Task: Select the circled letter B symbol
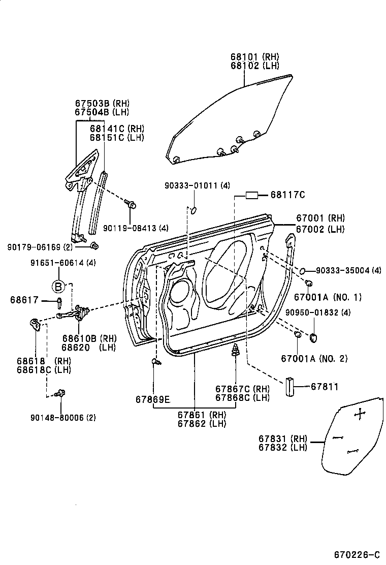[58, 287]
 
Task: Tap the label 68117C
[287, 195]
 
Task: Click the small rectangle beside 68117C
[252, 195]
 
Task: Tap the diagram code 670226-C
[357, 554]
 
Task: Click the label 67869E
[152, 399]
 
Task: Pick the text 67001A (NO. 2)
[314, 359]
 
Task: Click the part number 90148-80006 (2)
[63, 417]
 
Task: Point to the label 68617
[24, 300]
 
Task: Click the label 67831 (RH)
[282, 438]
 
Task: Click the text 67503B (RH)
[102, 103]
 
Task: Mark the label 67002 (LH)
[321, 229]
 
